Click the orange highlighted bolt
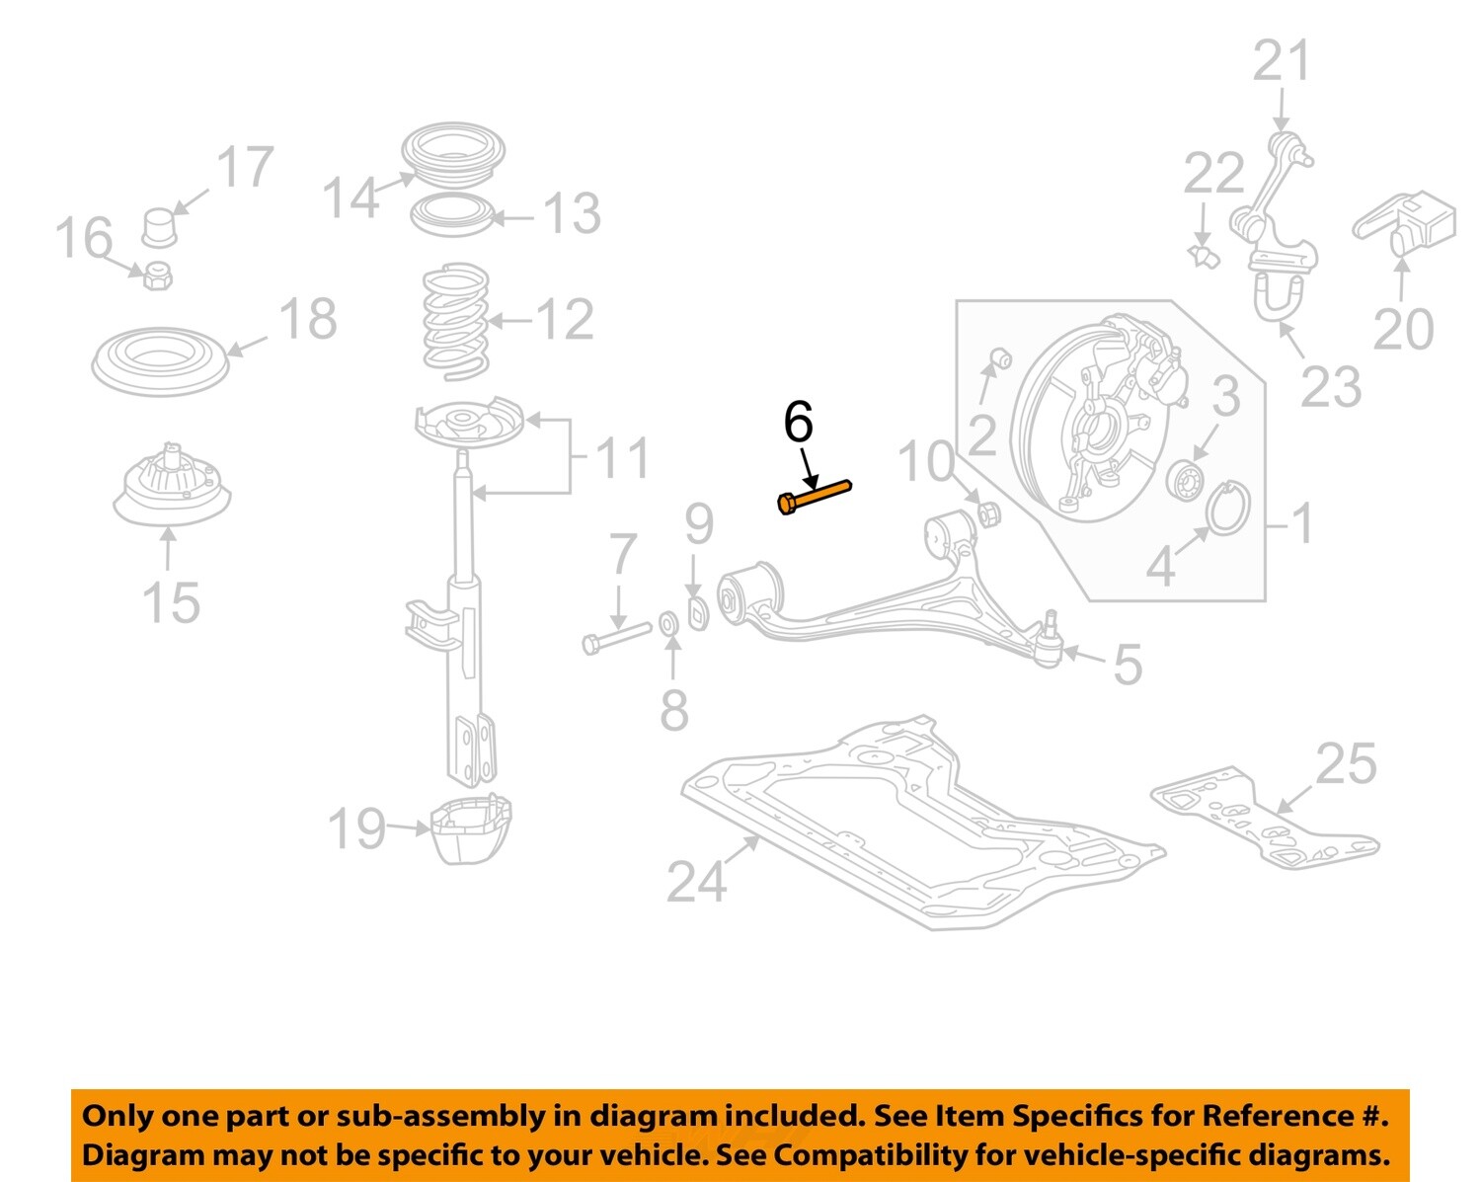click(814, 496)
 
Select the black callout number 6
click(798, 422)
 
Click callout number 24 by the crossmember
click(696, 881)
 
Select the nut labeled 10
click(987, 512)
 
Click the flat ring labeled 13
click(451, 214)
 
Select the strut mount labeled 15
click(172, 490)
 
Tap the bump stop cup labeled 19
click(471, 827)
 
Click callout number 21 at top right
click(1281, 61)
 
